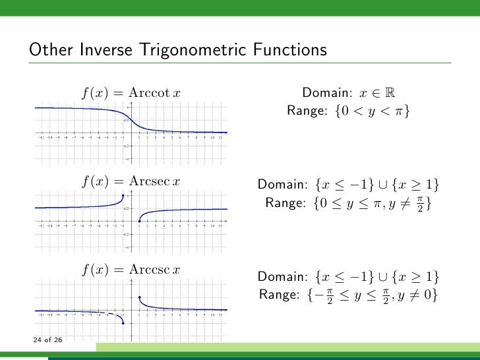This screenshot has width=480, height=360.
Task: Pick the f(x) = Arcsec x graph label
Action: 131,181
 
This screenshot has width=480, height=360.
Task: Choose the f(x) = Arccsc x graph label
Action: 131,270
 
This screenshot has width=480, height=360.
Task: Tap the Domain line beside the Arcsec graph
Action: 348,184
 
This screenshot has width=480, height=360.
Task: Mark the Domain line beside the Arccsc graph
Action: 348,276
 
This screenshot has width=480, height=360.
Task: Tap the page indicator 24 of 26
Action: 46,340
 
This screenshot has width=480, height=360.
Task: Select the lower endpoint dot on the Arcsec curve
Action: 139,222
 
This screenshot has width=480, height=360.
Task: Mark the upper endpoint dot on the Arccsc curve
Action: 139,298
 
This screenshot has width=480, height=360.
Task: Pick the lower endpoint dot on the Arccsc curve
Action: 123,324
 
